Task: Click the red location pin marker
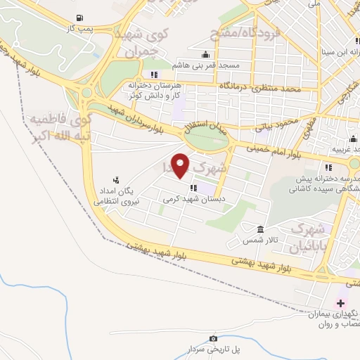click(181, 165)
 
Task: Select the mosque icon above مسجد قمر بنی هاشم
click(205, 54)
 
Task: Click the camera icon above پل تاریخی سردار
click(214, 338)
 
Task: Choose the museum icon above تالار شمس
click(260, 230)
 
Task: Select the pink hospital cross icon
click(341, 304)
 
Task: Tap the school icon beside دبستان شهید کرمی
click(193, 188)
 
